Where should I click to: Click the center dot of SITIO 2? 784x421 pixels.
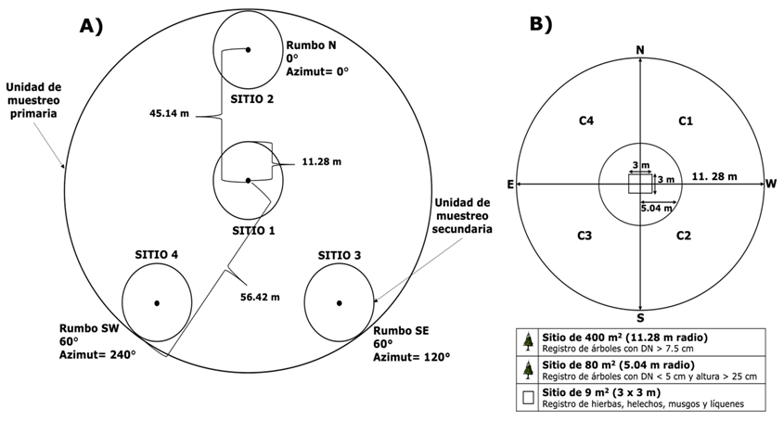tap(248, 49)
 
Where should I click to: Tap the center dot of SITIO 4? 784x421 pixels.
tap(157, 303)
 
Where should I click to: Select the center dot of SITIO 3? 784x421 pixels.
tap(340, 303)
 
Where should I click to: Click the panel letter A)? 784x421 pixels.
tap(90, 27)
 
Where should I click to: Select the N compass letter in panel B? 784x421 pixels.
tap(640, 49)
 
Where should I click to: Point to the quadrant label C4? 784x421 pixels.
tap(586, 121)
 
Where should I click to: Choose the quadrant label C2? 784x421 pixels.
tap(684, 236)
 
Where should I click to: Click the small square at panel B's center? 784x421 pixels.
tap(640, 185)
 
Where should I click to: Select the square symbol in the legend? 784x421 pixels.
tap(528, 399)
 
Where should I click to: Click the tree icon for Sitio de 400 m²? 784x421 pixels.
tap(528, 341)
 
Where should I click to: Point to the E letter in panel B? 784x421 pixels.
tap(510, 185)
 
